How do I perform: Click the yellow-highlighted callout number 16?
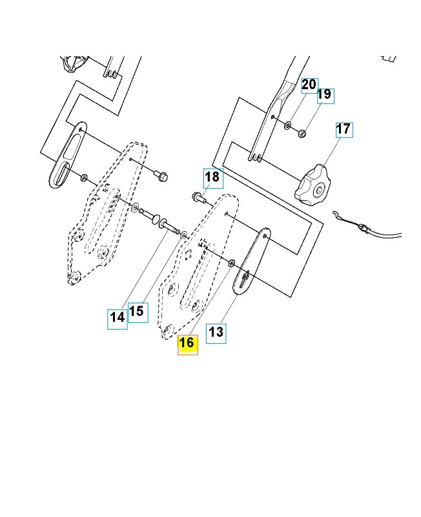(x=187, y=344)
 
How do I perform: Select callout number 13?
(x=216, y=332)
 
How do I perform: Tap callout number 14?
(x=117, y=317)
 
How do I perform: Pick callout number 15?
(x=136, y=311)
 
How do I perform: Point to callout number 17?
(x=344, y=129)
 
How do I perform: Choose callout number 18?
(x=211, y=176)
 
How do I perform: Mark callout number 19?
(x=325, y=95)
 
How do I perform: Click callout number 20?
(x=309, y=85)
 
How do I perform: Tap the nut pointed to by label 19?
(x=302, y=133)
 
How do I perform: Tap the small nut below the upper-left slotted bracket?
(x=84, y=176)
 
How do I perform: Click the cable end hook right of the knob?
(x=336, y=215)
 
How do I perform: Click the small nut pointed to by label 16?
(x=232, y=263)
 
